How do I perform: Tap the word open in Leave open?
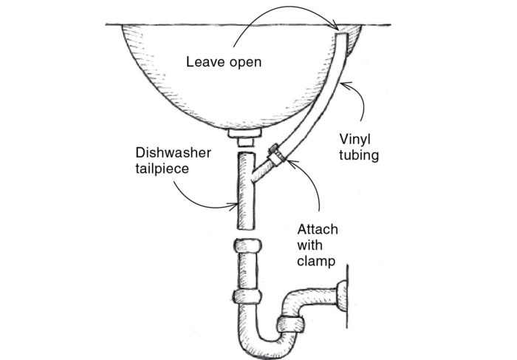coord(244,62)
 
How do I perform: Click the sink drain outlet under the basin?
coord(243,137)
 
